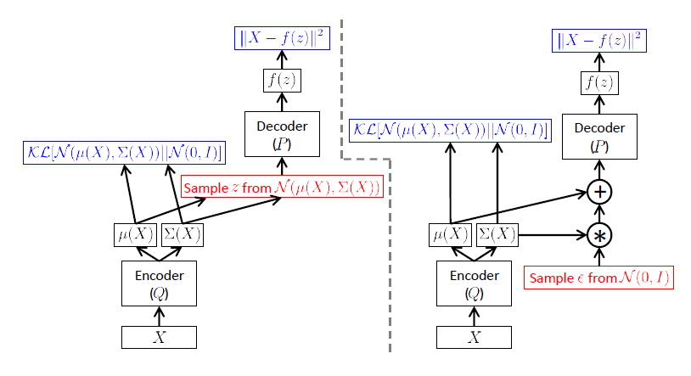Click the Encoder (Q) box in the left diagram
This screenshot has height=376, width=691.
157,283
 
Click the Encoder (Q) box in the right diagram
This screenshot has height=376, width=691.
474,283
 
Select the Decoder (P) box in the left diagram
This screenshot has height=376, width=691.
281,133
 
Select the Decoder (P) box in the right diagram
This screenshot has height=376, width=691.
599,136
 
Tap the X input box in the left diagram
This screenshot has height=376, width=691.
158,337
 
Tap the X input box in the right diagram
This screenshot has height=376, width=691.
474,337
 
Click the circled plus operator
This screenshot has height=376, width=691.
600,192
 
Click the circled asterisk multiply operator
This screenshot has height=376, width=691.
600,235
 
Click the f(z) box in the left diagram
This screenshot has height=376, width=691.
281,81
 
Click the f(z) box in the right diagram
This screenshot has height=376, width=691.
599,83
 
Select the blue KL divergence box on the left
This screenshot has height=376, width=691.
124,153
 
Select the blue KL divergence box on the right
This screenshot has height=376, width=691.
450,131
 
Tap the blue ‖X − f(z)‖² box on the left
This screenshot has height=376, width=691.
281,38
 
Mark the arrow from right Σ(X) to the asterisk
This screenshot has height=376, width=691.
552,235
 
